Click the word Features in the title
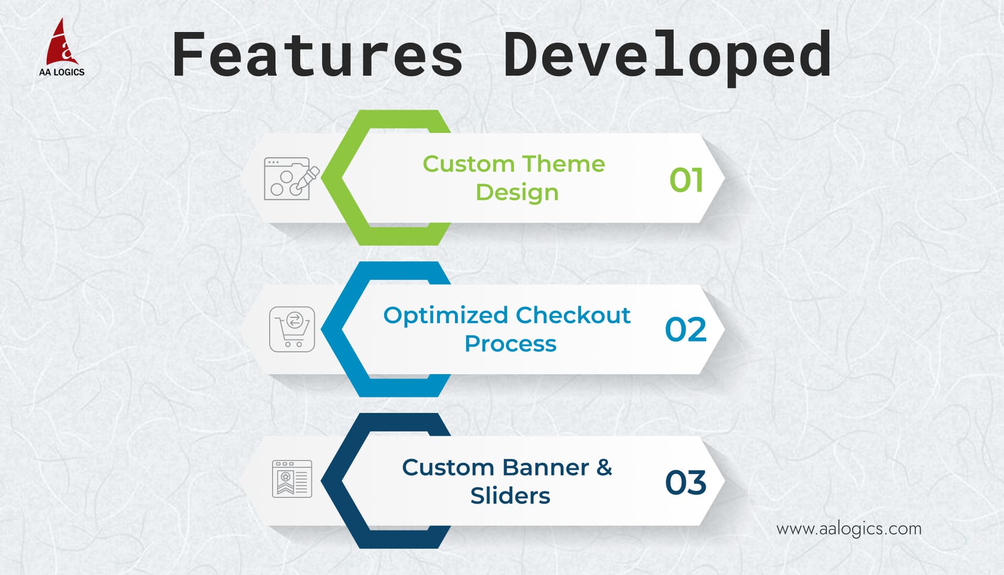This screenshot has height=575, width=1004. [317, 54]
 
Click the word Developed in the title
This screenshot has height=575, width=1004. [667, 57]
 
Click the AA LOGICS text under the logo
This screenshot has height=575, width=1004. [62, 72]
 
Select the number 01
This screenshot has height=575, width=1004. [687, 180]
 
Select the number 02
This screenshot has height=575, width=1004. [686, 330]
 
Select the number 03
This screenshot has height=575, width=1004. [686, 482]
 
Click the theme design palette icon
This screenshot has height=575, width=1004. [291, 178]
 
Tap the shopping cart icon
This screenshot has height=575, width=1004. [292, 329]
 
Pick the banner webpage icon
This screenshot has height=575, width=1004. [292, 479]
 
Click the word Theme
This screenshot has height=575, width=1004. [563, 164]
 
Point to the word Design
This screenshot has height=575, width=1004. [517, 193]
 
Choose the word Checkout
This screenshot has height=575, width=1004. [573, 315]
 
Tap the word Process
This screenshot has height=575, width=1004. [510, 344]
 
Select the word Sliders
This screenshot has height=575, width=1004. [510, 495]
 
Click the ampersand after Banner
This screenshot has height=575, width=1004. [604, 467]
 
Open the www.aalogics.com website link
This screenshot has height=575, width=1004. [849, 529]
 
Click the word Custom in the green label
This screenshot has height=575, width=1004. [469, 164]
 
